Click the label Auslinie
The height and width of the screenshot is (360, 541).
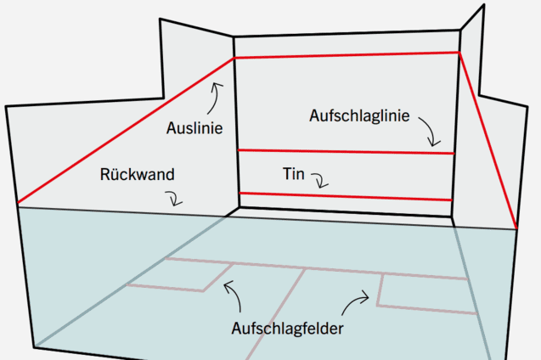tap(194, 128)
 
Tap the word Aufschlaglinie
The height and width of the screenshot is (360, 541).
tap(359, 115)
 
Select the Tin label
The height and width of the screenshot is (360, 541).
tap(294, 174)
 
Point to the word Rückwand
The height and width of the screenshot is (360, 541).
tap(137, 174)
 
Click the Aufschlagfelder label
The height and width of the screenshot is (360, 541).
tap(287, 329)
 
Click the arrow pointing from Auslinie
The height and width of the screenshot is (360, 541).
tap(216, 98)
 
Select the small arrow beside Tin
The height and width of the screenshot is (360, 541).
tap(321, 179)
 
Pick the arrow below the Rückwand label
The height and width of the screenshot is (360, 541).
tap(175, 198)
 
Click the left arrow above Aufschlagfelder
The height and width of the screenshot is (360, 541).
tap(235, 293)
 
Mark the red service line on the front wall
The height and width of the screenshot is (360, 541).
tap(346, 152)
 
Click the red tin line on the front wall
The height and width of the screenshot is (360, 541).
tap(346, 196)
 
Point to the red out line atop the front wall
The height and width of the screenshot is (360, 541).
tap(347, 55)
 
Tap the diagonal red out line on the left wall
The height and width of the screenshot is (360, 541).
tap(126, 131)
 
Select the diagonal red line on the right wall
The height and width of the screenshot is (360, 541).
tap(488, 140)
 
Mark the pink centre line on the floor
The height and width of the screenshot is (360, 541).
tap(276, 314)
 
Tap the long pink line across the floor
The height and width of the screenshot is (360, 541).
tap(317, 269)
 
